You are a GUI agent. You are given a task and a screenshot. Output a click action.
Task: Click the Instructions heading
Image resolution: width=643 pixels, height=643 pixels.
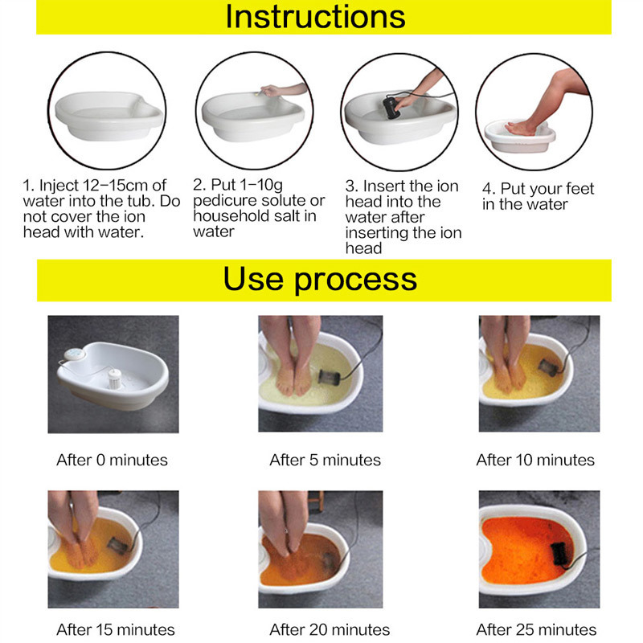tap(315, 17)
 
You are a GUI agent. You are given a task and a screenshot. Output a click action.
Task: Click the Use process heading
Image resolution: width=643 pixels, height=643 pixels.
tap(320, 279)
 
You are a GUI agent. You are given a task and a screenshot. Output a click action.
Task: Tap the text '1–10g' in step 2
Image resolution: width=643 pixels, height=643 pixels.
tap(250, 185)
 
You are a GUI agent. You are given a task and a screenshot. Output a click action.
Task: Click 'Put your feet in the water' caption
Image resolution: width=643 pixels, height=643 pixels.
tap(537, 196)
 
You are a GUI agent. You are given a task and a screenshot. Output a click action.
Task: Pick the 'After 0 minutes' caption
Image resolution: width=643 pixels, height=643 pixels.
tap(112, 461)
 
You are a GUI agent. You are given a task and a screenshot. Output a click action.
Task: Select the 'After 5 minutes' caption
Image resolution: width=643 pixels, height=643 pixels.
tap(325, 461)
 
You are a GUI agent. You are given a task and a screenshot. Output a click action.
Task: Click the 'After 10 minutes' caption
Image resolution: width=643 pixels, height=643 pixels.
tap(535, 461)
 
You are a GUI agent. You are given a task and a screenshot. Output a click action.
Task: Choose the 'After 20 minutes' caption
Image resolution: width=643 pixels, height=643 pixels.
tap(330, 629)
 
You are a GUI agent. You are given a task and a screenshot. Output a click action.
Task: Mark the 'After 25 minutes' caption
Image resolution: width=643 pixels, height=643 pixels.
tap(536, 629)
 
